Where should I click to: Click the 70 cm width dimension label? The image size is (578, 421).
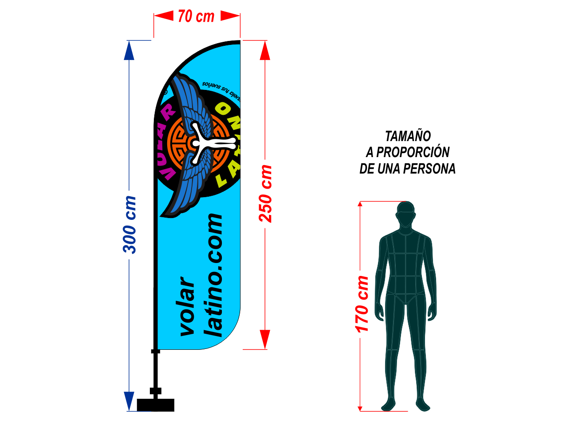tap(196, 16)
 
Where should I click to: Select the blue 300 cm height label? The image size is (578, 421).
tap(130, 225)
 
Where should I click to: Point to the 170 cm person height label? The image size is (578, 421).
tap(362, 304)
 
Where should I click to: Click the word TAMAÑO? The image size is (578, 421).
tap(408, 136)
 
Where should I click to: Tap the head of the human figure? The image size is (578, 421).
tap(406, 213)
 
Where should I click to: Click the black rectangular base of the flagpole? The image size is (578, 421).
tap(156, 405)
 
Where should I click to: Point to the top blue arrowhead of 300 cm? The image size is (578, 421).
tap(129, 50)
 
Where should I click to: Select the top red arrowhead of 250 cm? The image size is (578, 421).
tap(265, 50)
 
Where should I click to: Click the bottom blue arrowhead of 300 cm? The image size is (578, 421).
tap(129, 401)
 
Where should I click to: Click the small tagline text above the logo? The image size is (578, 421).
tap(221, 86)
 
